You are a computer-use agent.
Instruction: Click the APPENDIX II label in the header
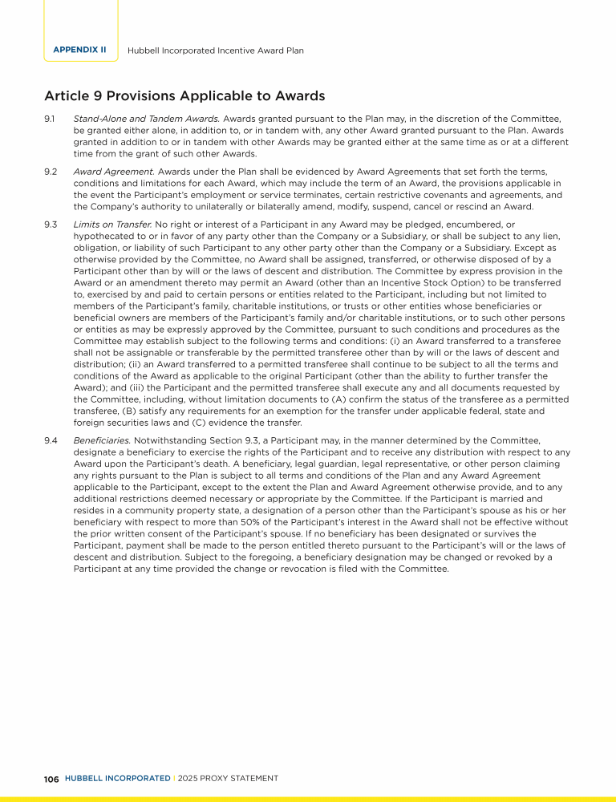79,50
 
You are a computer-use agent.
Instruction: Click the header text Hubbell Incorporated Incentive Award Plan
216,50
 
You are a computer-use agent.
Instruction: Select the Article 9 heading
184,96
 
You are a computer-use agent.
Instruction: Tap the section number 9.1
50,119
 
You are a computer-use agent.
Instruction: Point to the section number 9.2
50,172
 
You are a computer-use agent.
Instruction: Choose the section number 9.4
50,440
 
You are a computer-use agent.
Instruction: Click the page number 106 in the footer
51,779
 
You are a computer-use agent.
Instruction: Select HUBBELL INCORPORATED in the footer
117,779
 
